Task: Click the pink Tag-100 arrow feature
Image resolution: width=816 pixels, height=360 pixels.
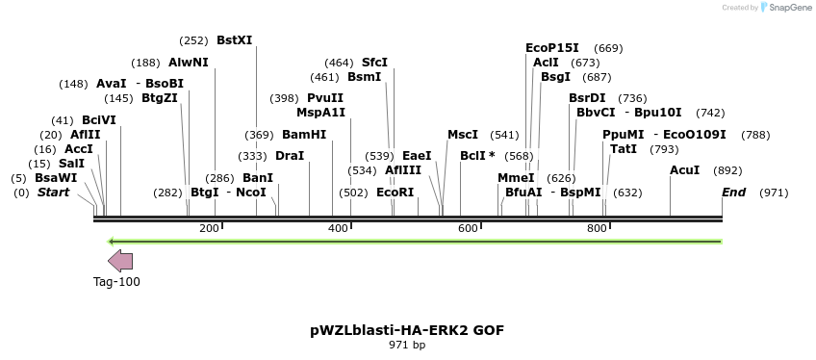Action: tap(120, 261)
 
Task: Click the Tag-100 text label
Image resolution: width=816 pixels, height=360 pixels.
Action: tap(116, 282)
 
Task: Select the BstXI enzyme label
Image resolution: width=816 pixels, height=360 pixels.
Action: tap(235, 40)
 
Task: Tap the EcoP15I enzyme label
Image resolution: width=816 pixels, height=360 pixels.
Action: tap(552, 47)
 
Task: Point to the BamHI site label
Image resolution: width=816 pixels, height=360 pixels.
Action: tap(304, 135)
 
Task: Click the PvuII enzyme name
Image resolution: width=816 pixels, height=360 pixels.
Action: tap(325, 98)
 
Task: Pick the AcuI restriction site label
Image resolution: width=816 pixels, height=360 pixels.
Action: tap(685, 170)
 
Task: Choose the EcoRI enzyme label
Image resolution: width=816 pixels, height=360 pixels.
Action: tap(395, 193)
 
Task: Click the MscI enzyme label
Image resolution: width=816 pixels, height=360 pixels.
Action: tap(463, 135)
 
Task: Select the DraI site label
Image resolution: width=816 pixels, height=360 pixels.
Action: tap(290, 155)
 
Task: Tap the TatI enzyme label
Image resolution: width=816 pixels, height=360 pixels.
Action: tap(624, 149)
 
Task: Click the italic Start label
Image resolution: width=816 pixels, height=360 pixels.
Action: tap(54, 193)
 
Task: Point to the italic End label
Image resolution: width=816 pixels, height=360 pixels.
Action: tap(734, 193)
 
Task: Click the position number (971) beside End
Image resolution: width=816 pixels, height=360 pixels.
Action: tap(774, 193)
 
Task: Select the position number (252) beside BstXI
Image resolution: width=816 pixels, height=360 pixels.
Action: tap(193, 40)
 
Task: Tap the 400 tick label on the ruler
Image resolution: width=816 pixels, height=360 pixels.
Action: tap(339, 228)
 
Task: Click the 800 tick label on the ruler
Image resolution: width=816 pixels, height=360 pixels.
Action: tap(597, 228)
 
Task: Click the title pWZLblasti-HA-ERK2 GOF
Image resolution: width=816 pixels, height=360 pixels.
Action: tap(407, 330)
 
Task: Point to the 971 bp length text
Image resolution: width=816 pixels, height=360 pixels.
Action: tap(407, 345)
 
